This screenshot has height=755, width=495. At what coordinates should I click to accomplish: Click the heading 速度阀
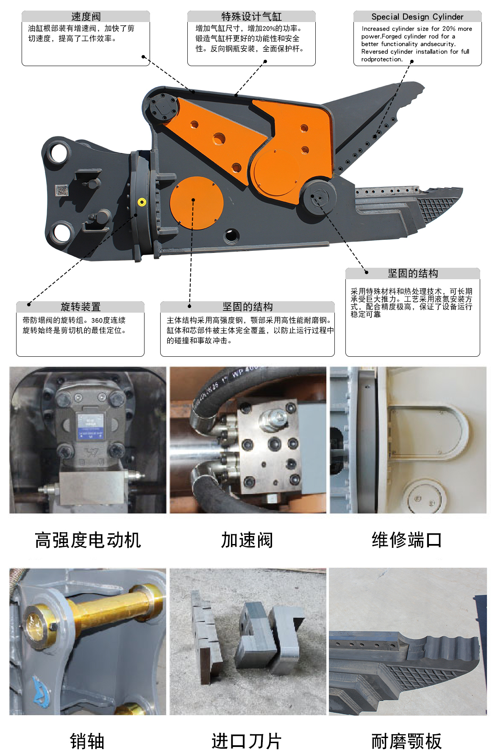click(x=86, y=17)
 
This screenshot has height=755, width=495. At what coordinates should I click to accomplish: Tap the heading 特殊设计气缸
click(x=251, y=17)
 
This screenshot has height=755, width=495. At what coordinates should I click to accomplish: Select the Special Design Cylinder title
click(x=417, y=17)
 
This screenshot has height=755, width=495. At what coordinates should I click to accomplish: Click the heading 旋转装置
click(x=81, y=306)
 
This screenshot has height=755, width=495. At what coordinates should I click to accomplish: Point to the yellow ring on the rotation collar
click(x=142, y=202)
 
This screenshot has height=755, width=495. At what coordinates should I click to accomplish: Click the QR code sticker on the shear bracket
click(x=62, y=190)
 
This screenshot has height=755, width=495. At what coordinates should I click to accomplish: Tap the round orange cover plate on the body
click(x=197, y=203)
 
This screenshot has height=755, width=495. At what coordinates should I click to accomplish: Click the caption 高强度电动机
click(x=88, y=540)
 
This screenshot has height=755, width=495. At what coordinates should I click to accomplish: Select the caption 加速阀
click(x=247, y=540)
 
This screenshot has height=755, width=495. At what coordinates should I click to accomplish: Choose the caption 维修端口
click(x=407, y=540)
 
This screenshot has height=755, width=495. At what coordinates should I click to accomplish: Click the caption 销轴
click(x=87, y=741)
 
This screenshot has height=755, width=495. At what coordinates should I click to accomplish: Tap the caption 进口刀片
click(x=247, y=741)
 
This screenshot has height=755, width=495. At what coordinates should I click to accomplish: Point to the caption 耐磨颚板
click(x=406, y=741)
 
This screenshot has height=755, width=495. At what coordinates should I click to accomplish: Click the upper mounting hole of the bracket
click(x=59, y=153)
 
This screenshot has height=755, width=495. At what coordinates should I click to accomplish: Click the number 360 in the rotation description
click(x=97, y=320)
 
